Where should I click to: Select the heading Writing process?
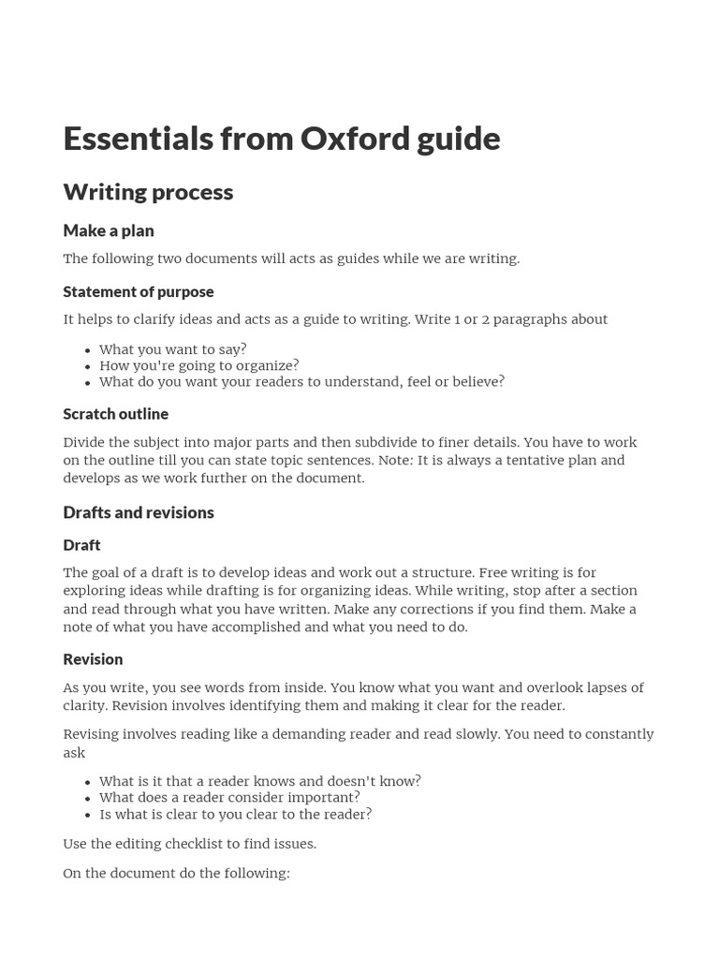148,192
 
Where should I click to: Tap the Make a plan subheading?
109,230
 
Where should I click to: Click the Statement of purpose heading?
139,291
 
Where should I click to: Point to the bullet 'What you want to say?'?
173,349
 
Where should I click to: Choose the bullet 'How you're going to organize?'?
199,365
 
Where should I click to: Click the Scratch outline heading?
116,414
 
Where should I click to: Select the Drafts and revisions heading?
139,512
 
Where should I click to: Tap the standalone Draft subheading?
81,545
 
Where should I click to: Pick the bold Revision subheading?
93,659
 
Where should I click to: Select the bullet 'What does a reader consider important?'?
229,798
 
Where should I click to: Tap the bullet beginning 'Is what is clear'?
235,814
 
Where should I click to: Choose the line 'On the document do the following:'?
177,873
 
